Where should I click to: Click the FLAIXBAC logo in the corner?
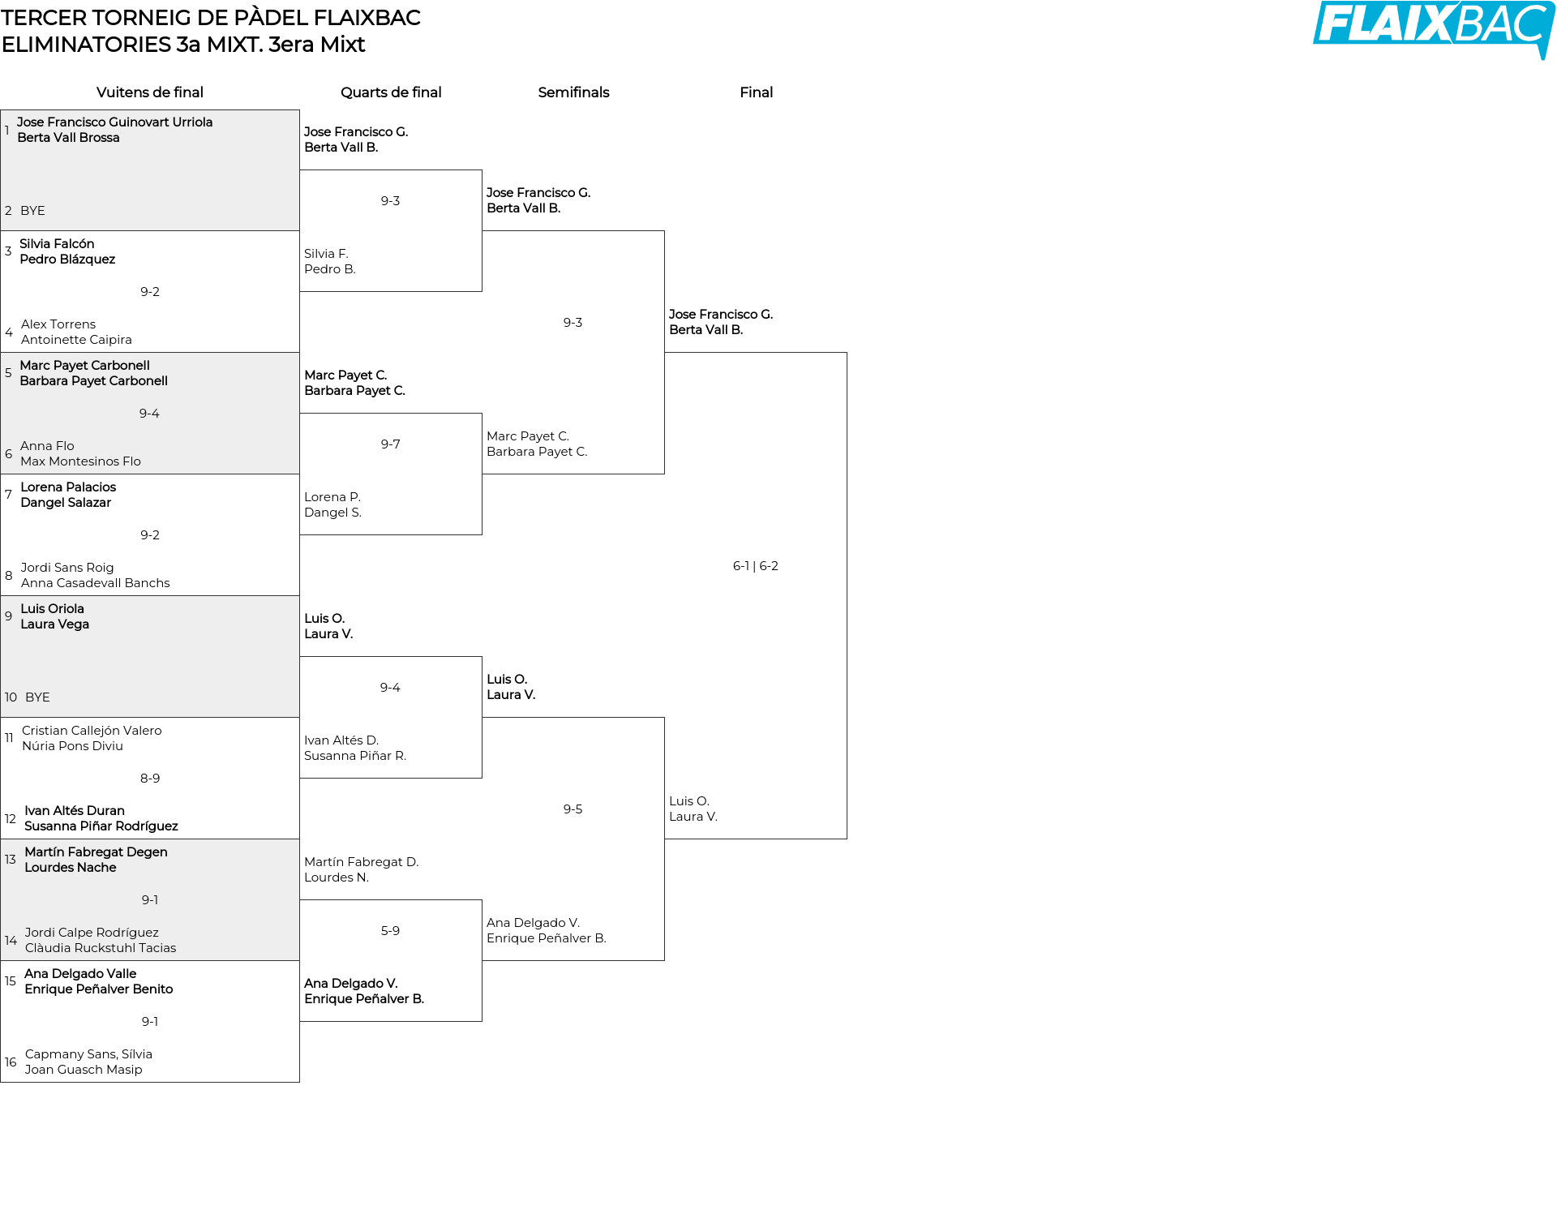(1434, 29)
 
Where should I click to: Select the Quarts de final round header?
(391, 92)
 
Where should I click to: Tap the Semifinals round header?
(573, 92)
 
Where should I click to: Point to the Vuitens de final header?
(150, 92)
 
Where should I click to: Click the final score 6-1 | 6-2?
(756, 566)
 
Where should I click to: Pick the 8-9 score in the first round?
(150, 779)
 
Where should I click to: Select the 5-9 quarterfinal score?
(390, 931)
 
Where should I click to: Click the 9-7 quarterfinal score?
(390, 444)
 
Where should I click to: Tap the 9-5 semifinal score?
(573, 809)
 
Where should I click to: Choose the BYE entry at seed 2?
(32, 211)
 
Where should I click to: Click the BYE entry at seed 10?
(37, 697)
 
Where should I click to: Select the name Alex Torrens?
(58, 324)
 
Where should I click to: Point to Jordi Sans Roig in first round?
(67, 568)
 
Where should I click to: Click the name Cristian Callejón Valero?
(92, 731)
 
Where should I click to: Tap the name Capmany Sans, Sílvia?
(88, 1054)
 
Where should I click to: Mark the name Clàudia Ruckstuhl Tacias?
(101, 948)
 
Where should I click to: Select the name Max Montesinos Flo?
(80, 461)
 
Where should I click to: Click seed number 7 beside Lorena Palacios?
(8, 495)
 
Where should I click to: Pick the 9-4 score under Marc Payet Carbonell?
(149, 414)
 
